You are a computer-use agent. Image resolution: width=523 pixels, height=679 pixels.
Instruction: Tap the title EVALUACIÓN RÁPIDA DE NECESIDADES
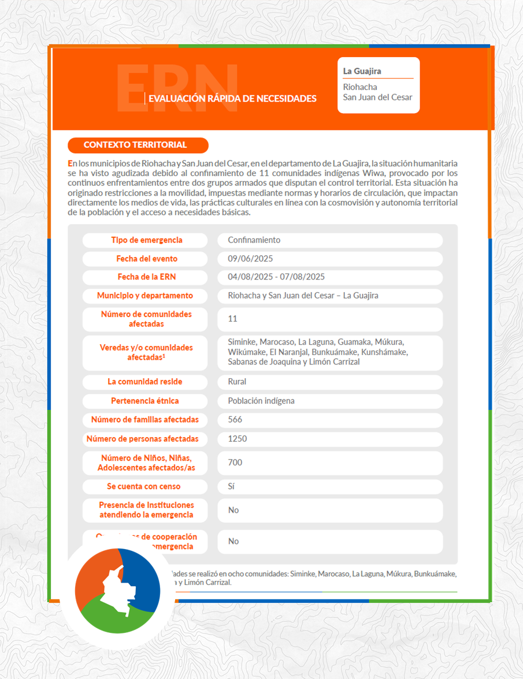click(232, 99)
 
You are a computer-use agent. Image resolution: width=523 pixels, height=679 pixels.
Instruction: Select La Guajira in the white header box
click(362, 72)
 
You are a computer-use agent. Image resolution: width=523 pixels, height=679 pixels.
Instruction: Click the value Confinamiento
click(254, 240)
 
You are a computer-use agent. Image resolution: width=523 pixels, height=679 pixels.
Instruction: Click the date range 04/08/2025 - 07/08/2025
click(276, 277)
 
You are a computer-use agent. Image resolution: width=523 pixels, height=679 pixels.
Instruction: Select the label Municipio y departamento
click(145, 296)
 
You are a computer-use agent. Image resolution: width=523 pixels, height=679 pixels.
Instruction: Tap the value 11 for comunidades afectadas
click(233, 319)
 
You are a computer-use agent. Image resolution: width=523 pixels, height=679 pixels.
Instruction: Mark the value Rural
click(237, 382)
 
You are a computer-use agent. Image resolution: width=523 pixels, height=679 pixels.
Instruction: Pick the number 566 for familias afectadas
click(235, 420)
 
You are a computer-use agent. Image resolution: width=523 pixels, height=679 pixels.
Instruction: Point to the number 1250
click(238, 439)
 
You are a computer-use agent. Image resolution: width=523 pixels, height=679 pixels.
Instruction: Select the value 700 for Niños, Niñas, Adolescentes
click(235, 462)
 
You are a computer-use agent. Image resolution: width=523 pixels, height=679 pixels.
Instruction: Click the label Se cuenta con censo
click(144, 487)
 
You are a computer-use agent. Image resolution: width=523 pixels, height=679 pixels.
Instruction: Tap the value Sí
click(231, 487)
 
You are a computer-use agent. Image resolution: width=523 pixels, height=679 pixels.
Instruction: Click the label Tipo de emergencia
click(147, 240)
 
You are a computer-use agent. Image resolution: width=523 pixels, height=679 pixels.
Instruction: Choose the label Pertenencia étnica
click(145, 401)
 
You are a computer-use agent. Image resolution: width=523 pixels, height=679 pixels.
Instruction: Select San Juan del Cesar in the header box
click(378, 98)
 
